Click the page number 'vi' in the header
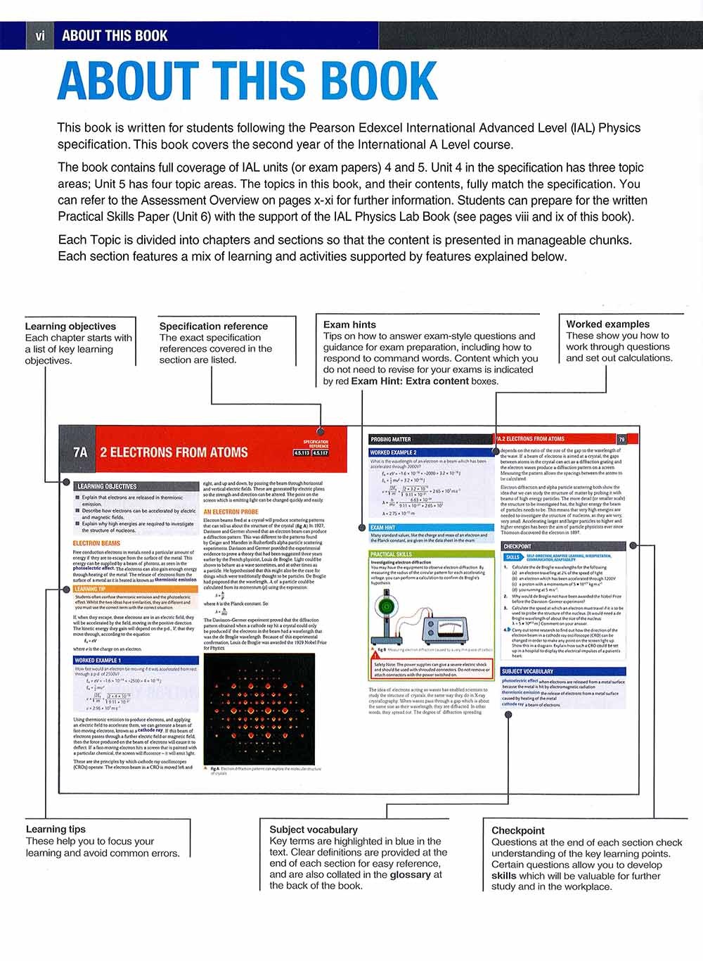(x=39, y=36)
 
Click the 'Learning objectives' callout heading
(x=70, y=326)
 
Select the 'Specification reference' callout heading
(x=213, y=326)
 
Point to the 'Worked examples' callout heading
(x=607, y=324)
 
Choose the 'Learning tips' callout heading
(x=56, y=829)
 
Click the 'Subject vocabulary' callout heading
(x=314, y=829)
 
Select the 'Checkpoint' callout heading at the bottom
(x=518, y=831)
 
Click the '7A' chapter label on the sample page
(x=80, y=452)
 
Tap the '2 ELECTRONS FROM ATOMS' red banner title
(x=174, y=452)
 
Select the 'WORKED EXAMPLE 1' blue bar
(x=98, y=661)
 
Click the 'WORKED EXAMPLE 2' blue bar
(x=394, y=452)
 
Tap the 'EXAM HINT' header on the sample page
(x=383, y=528)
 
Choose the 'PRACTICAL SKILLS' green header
(x=392, y=554)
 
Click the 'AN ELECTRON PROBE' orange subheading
(x=231, y=511)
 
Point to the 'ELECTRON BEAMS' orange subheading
(x=96, y=543)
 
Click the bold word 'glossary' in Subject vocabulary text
(x=411, y=874)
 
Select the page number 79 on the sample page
(x=621, y=439)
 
